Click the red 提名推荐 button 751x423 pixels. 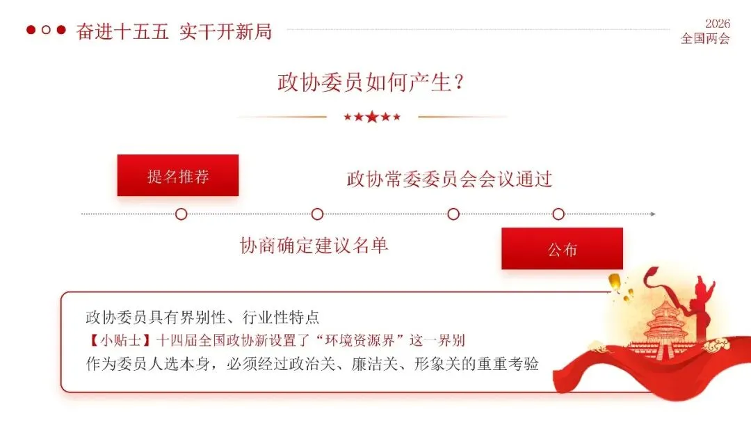(x=178, y=175)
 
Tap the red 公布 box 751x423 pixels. (x=562, y=249)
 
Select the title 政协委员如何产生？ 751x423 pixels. (x=371, y=83)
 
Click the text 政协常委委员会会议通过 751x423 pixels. (x=449, y=179)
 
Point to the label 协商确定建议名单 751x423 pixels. (x=314, y=245)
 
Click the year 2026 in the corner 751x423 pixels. (x=717, y=24)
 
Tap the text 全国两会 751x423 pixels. (x=705, y=38)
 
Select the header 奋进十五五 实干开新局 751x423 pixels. (x=174, y=31)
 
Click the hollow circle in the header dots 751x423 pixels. (x=46, y=30)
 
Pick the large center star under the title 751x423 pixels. (x=372, y=117)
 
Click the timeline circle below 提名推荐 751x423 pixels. (x=181, y=214)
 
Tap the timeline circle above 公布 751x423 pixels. (x=558, y=214)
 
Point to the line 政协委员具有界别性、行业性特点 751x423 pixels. (x=202, y=317)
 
